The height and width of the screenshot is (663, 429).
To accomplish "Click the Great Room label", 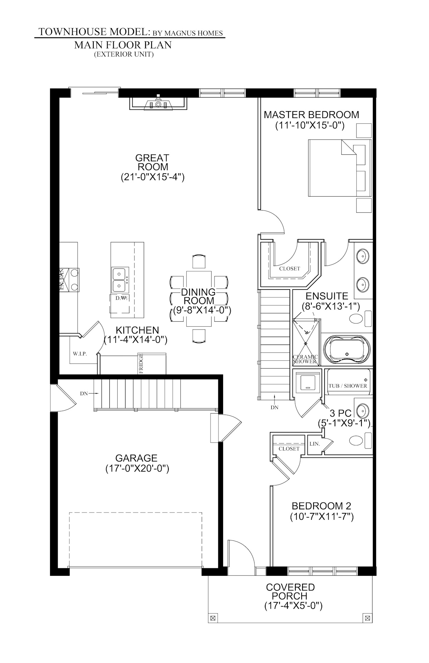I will coord(152,162).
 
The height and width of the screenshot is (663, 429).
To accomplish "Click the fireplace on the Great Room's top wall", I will coord(158,104).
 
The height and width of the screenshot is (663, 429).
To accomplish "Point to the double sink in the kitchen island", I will coord(119,279).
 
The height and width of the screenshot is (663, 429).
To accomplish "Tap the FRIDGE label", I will coord(141,363).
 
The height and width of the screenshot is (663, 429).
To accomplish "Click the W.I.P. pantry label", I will coord(80,353).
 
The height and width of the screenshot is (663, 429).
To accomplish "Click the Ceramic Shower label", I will coord(305,359).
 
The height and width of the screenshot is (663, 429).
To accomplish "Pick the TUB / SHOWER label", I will coord(347,386).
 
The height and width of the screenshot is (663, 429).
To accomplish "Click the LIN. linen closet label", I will coord(315,444).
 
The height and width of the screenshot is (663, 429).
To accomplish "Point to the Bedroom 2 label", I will coord(321,506).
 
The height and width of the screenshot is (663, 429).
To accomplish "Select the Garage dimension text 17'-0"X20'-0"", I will coord(137,469).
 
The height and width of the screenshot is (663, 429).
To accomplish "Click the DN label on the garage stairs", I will coord(84,394).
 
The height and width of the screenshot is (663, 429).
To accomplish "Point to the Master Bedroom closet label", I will coord(290,268).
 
